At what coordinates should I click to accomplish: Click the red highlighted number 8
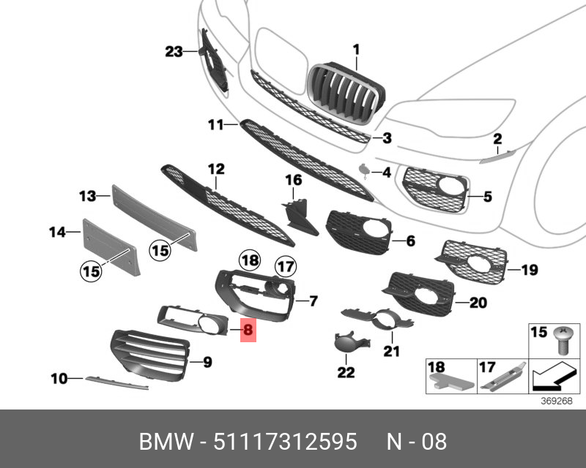tap(248, 331)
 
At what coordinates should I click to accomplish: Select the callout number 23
tap(173, 51)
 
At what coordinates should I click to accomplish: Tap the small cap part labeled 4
tap(364, 171)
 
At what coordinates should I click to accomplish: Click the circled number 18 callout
tap(251, 260)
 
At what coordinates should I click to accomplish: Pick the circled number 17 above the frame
tap(284, 268)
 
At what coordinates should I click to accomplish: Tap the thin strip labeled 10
tap(117, 381)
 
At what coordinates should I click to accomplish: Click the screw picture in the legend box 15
tap(563, 339)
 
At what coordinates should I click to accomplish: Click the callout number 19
tap(530, 271)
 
